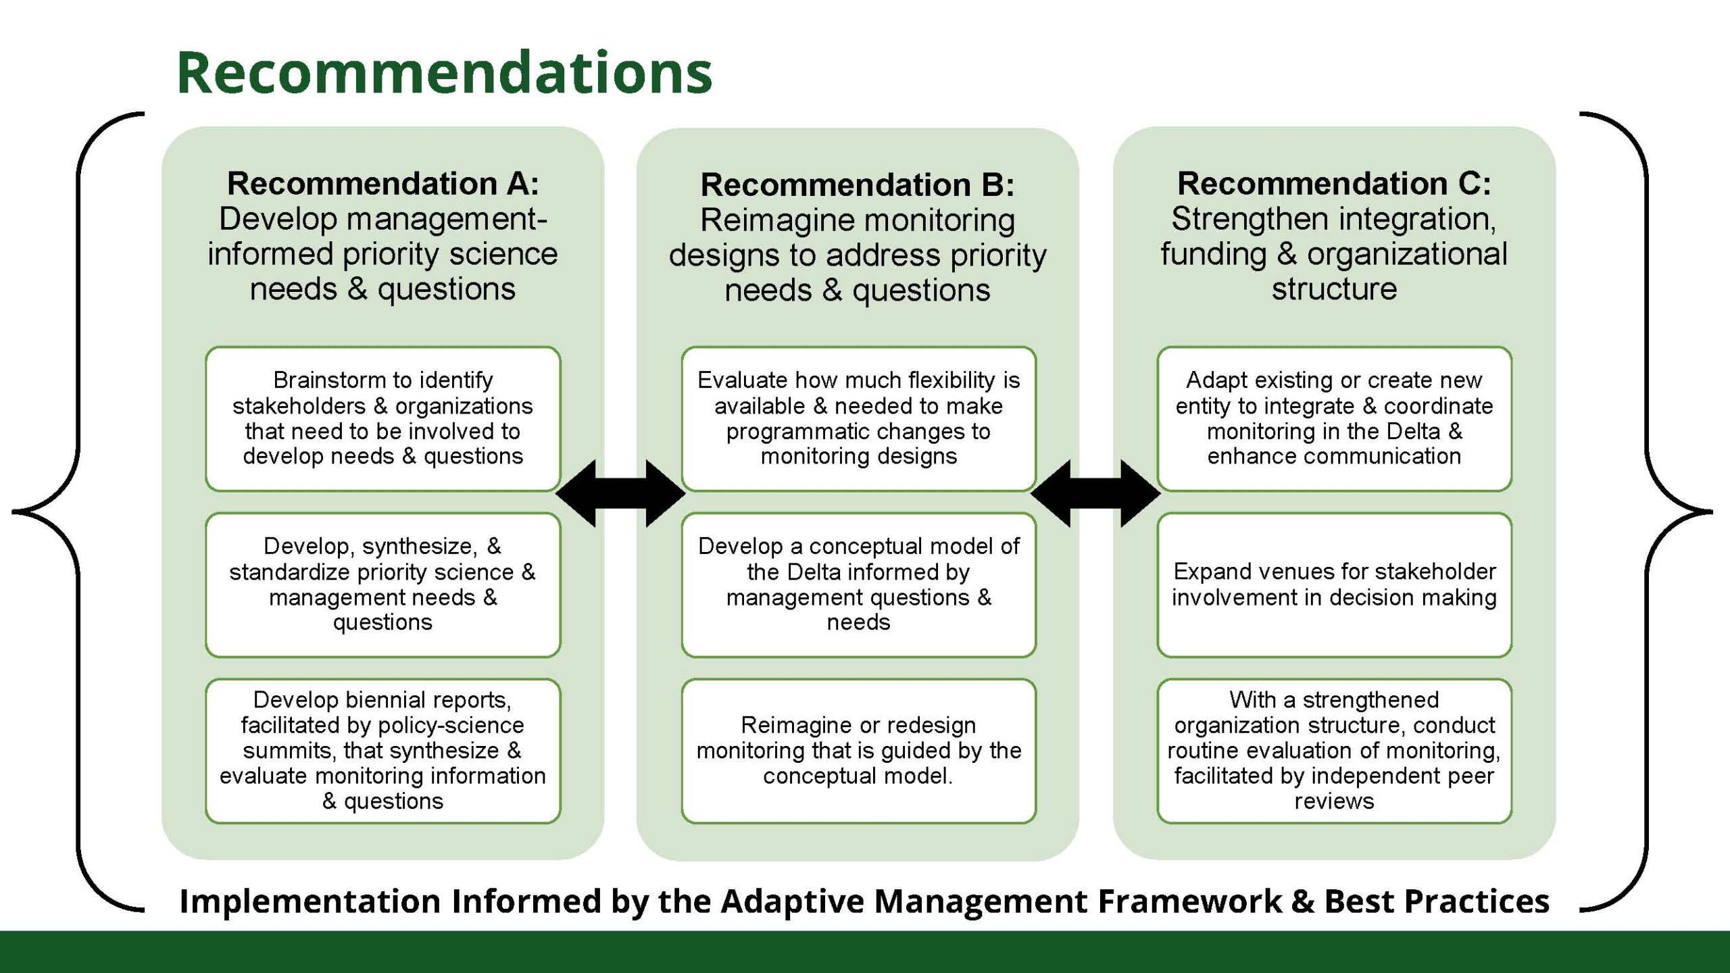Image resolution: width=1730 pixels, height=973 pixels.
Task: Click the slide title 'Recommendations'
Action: pos(444,72)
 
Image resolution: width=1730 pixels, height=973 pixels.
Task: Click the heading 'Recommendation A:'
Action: pos(383,183)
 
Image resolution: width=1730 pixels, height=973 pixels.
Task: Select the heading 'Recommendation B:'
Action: pos(858,184)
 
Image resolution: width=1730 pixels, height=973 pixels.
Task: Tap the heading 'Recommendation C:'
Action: pos(1334,183)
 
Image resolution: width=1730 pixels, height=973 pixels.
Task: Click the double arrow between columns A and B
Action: pos(620,493)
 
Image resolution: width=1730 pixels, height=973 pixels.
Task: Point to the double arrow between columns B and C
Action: pos(1095,493)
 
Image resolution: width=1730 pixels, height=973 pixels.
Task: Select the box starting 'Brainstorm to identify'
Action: pos(383,419)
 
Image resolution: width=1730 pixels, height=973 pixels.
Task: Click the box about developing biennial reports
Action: pos(383,751)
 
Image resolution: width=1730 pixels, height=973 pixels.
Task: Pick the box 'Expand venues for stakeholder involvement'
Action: pos(1334,584)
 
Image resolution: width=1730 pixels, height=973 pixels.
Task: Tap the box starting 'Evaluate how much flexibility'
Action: pos(858,419)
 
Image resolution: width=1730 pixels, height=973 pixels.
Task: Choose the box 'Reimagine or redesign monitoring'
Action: pos(858,751)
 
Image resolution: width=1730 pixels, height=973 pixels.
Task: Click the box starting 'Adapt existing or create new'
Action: pos(1334,419)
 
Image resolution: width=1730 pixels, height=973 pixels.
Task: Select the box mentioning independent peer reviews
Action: pos(1334,751)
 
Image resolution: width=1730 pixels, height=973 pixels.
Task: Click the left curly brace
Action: pos(78,512)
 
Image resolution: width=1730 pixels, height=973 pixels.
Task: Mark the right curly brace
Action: pos(1648,512)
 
